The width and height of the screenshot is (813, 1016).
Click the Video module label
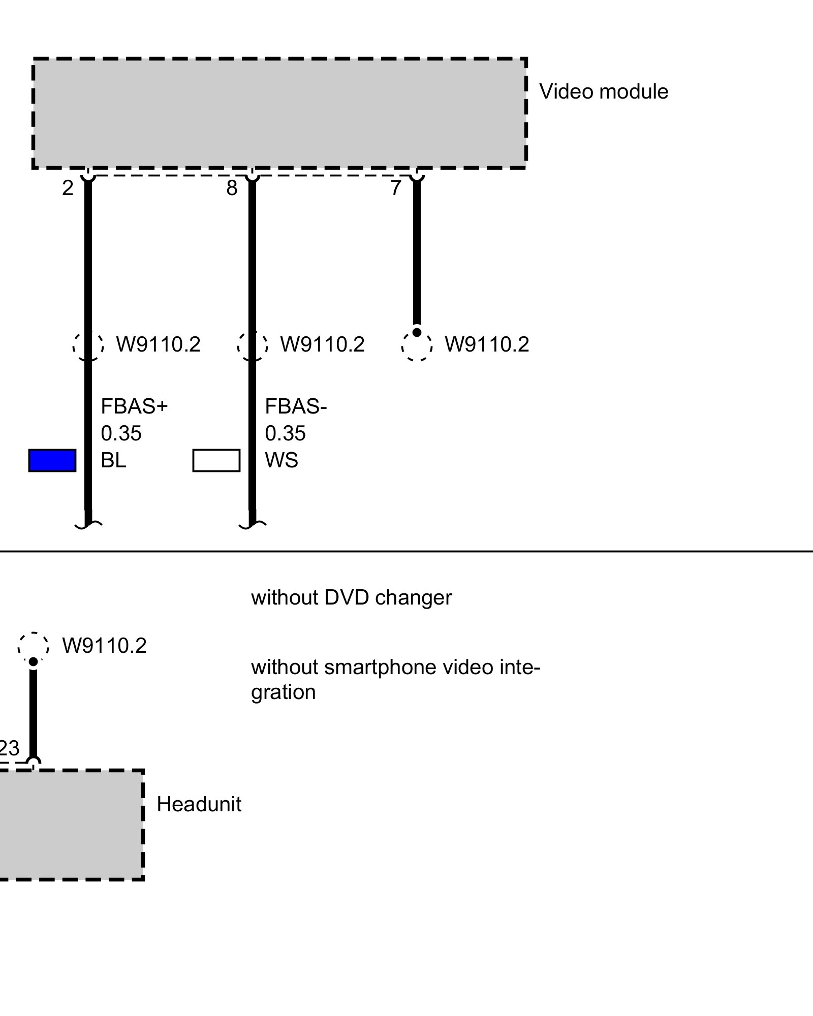point(603,92)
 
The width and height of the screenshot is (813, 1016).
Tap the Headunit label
point(199,804)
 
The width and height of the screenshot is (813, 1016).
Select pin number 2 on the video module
point(68,188)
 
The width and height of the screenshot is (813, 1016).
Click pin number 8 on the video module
point(232,188)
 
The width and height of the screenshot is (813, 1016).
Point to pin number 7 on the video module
point(396,188)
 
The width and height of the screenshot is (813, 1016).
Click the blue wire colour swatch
point(52,460)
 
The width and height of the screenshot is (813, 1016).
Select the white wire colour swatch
point(216,460)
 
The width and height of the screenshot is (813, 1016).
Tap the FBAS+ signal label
point(134,406)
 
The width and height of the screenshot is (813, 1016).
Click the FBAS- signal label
point(296,406)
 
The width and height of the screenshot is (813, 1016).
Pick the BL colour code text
point(113,460)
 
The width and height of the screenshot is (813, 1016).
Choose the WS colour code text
point(282,460)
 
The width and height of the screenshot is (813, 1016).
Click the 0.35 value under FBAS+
point(121,433)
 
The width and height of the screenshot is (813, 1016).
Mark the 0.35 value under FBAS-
point(285,433)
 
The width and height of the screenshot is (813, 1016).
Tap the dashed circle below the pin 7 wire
point(417,346)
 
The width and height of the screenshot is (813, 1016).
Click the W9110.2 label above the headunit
point(104,646)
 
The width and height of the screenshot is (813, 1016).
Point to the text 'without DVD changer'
point(351,597)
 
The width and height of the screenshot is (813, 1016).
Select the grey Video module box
point(279,113)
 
